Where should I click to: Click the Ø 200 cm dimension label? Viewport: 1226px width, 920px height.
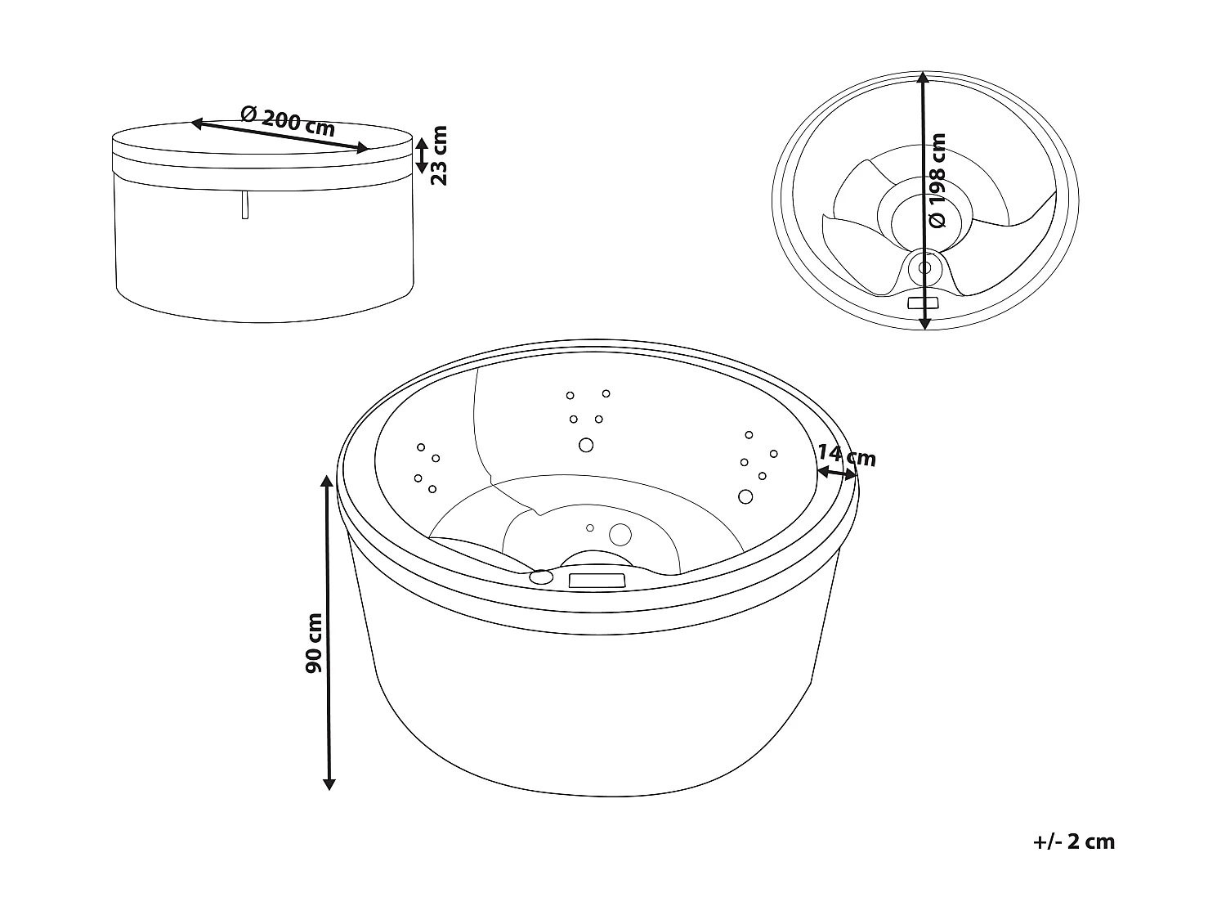pyautogui.click(x=289, y=122)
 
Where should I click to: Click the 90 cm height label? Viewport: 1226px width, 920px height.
pyautogui.click(x=313, y=643)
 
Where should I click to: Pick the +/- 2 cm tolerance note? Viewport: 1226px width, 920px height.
pyautogui.click(x=1074, y=841)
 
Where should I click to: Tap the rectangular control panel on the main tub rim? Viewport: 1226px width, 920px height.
pyautogui.click(x=597, y=581)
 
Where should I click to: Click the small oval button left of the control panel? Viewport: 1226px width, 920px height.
pyautogui.click(x=540, y=577)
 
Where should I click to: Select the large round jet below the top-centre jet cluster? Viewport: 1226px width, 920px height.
pyautogui.click(x=586, y=445)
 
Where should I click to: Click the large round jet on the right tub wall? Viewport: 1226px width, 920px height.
pyautogui.click(x=745, y=496)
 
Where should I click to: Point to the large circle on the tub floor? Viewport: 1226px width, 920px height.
pyautogui.click(x=620, y=534)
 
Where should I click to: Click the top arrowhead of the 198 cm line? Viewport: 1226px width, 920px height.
pyautogui.click(x=923, y=78)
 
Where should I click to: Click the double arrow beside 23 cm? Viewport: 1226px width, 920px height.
pyautogui.click(x=420, y=155)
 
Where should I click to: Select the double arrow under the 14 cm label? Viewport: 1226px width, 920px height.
pyautogui.click(x=836, y=473)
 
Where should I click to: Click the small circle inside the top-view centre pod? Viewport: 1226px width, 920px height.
pyautogui.click(x=925, y=267)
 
